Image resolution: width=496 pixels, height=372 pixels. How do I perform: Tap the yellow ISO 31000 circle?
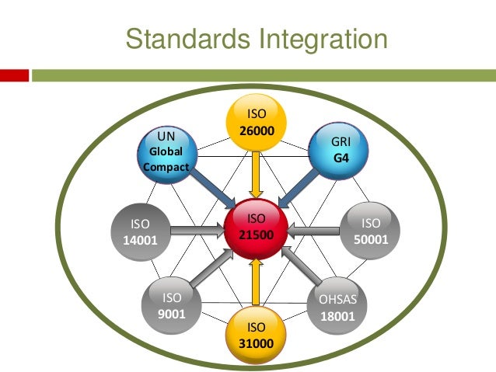click(x=256, y=337)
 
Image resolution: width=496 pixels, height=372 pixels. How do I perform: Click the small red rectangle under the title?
click(x=15, y=75)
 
